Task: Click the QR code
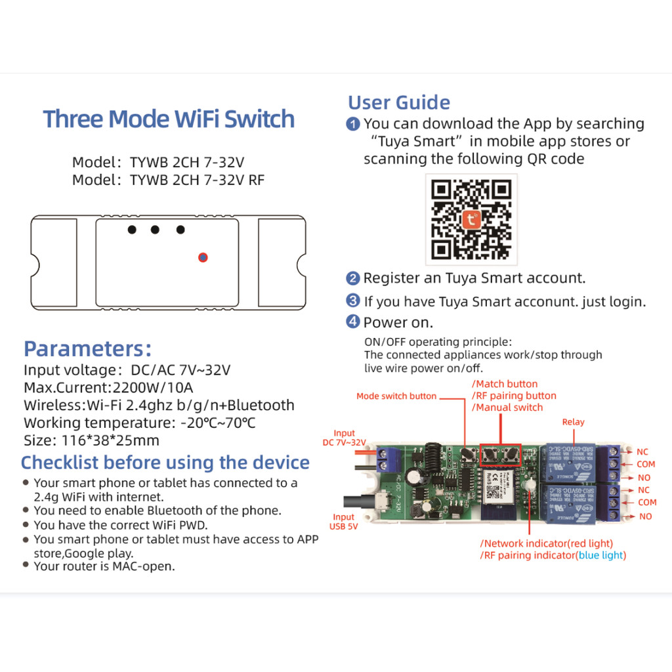click(471, 219)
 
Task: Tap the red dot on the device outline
click(203, 257)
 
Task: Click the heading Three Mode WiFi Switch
click(169, 119)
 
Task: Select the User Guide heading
click(399, 102)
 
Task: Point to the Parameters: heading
click(87, 348)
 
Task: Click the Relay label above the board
click(573, 422)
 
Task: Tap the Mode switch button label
click(396, 396)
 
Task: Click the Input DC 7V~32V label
click(344, 438)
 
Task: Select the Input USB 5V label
click(343, 521)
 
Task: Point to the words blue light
click(601, 555)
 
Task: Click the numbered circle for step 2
click(353, 278)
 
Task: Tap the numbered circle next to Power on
click(353, 322)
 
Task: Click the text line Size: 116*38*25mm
click(91, 440)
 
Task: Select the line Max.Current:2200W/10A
click(108, 388)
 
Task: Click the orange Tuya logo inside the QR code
click(471, 220)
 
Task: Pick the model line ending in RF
click(169, 180)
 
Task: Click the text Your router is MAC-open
click(104, 566)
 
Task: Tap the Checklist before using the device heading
click(165, 463)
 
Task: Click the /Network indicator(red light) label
click(547, 543)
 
